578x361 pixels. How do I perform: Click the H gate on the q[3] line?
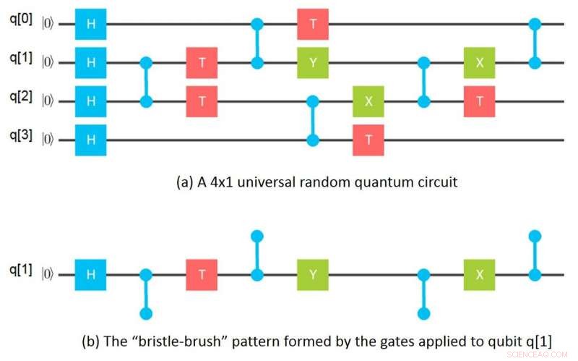90,140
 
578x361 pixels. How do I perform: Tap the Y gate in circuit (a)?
312,63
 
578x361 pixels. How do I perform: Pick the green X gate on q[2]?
368,101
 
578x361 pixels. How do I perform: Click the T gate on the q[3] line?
368,140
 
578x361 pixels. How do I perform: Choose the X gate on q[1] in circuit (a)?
480,63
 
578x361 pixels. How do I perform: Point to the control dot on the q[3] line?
312,140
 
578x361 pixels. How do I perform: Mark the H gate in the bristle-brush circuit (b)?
90,275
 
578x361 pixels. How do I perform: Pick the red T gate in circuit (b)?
202,275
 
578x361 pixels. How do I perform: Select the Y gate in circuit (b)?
312,275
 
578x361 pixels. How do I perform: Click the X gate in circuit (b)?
480,275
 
